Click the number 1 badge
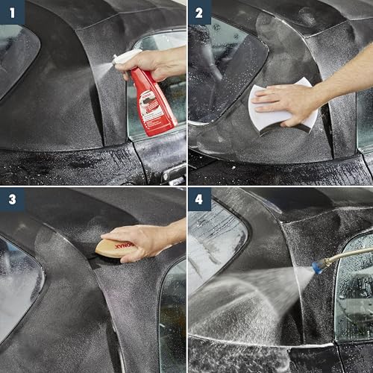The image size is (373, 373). [x=12, y=12]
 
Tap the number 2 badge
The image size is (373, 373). [x=199, y=12]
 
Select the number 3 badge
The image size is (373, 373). [x=12, y=200]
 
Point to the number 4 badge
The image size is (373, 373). [x=199, y=200]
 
